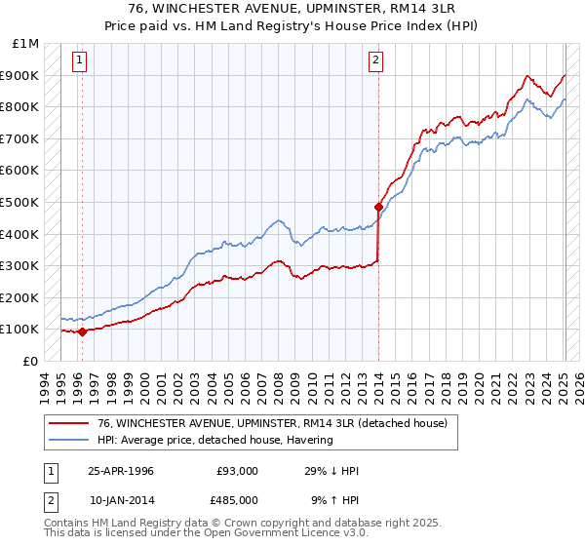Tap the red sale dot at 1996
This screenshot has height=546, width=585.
(83, 331)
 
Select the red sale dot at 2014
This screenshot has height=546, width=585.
(378, 207)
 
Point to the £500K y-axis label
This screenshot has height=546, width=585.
(19, 202)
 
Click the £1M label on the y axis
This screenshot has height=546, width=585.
(26, 43)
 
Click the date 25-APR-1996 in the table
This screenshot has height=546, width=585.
(121, 471)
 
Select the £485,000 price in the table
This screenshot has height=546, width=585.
(238, 499)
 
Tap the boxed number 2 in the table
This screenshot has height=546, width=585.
(51, 499)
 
